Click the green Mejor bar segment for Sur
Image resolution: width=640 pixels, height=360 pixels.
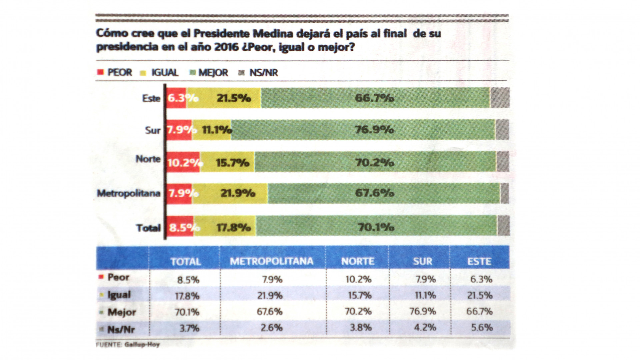[363, 130]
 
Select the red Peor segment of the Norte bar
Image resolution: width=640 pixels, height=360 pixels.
[183, 162]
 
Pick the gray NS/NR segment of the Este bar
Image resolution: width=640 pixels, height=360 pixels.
[500, 98]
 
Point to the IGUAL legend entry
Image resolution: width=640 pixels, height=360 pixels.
[164, 73]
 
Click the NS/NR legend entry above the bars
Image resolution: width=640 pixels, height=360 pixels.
[263, 73]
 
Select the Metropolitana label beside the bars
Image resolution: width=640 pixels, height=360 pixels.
[129, 193]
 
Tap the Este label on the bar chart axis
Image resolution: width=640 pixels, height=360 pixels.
[151, 98]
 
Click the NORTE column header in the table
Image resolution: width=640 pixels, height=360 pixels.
[358, 261]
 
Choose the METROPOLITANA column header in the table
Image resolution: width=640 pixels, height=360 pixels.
[272, 261]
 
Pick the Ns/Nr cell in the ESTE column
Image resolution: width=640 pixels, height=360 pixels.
[482, 328]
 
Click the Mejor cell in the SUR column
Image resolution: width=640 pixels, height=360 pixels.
[423, 311]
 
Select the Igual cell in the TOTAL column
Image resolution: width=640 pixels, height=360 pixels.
[187, 296]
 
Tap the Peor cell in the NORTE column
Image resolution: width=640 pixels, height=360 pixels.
[358, 279]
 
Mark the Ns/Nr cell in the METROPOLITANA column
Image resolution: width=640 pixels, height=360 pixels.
[272, 328]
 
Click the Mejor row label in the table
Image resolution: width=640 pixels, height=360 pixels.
[122, 312]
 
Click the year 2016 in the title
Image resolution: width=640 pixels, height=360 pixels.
[226, 47]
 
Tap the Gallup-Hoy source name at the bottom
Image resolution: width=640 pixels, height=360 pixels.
[142, 345]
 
